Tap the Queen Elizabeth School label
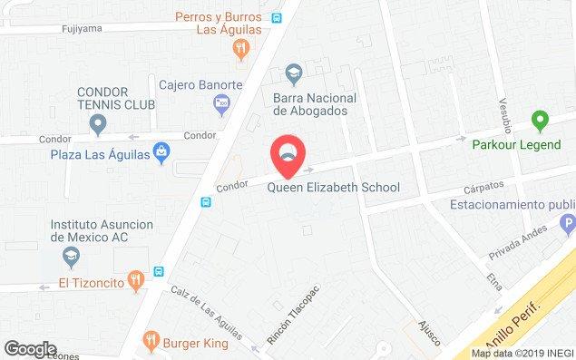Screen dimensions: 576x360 (333, 189)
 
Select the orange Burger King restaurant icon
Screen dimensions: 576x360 (150, 343)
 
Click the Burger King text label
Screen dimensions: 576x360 (197, 344)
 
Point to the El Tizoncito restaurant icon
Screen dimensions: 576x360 (134, 279)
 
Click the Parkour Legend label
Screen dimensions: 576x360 (524, 145)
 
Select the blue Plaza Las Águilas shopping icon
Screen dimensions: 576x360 (161, 151)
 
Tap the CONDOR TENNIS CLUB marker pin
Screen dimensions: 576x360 (98, 124)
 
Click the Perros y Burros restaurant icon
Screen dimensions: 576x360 (240, 48)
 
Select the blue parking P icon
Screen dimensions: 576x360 (568, 222)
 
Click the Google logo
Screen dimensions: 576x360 (30, 349)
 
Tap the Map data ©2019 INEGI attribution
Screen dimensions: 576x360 (522, 354)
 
